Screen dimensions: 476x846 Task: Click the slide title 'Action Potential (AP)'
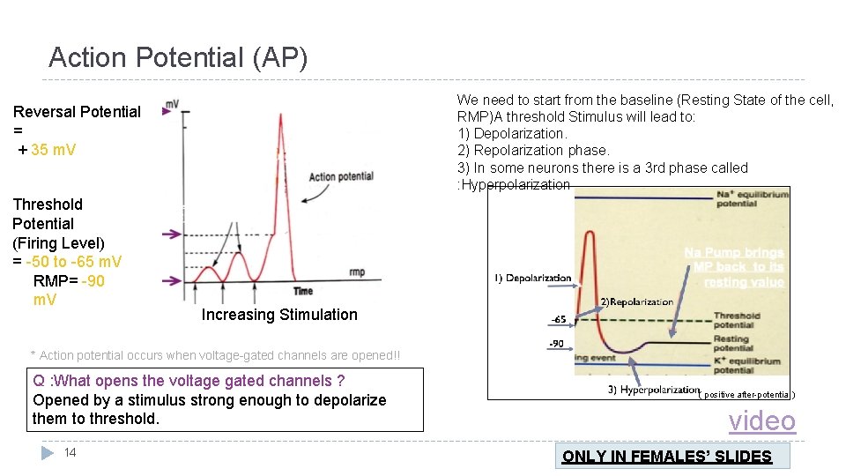178,58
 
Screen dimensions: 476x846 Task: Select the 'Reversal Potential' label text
77,112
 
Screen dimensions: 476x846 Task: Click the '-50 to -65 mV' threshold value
74,262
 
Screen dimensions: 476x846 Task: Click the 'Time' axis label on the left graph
303,291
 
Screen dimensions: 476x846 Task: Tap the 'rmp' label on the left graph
356,272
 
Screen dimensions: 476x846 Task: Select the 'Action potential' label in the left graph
341,176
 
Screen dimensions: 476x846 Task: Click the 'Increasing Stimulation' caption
279,315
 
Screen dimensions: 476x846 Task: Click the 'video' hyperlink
761,421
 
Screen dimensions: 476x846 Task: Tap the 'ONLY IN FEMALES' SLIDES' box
667,456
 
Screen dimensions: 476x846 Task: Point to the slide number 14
70,452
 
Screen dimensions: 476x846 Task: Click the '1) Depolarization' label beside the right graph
532,279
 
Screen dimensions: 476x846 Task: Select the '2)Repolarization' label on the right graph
636,302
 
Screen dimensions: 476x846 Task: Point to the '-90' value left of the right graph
557,343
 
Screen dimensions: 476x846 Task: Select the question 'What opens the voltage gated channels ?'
189,381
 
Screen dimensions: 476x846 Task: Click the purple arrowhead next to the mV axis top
166,112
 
